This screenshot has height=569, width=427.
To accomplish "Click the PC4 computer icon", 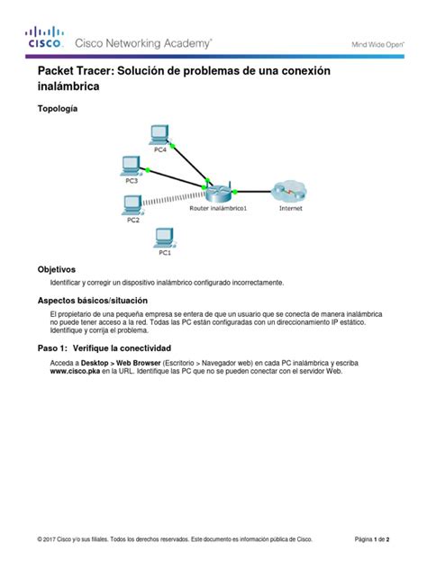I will point(159,133).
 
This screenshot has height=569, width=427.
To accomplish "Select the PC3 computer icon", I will point(131,164).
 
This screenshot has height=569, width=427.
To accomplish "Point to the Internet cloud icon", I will point(290,191).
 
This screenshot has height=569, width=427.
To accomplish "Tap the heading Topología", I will point(57,108).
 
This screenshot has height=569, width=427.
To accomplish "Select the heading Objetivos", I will point(56,269).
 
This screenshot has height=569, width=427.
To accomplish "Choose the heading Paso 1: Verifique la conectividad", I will point(104,348).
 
